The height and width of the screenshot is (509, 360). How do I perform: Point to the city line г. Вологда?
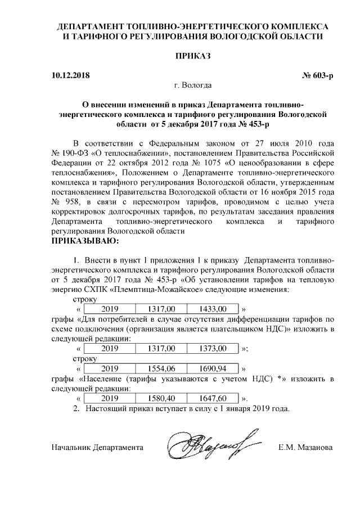(193, 86)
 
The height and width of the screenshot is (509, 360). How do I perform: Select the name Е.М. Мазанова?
(305, 448)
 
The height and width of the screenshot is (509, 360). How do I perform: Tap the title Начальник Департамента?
(97, 448)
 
